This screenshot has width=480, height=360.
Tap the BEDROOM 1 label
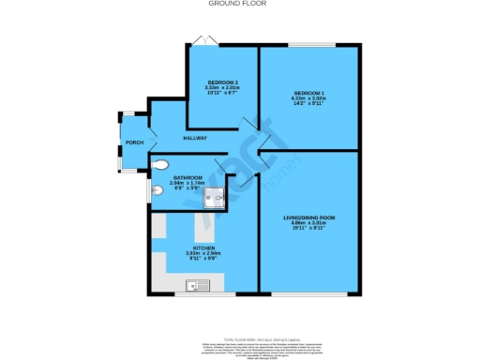coord(309,92)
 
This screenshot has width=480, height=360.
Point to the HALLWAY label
coord(195,139)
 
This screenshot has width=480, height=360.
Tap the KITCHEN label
coord(204,247)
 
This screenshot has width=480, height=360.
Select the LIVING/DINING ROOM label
coord(309,217)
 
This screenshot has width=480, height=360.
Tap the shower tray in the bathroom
coord(217,195)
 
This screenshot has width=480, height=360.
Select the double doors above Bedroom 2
coord(205,39)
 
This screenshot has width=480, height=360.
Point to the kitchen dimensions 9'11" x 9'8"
coord(204,259)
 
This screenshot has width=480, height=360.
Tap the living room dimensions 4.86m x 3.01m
coord(309,223)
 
